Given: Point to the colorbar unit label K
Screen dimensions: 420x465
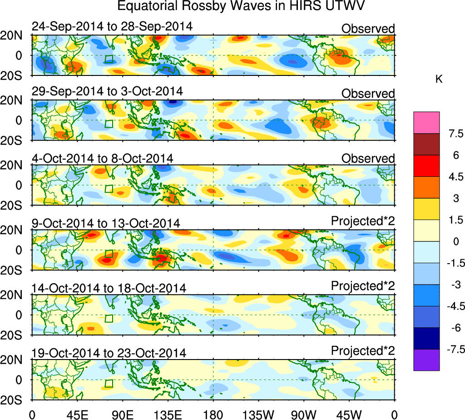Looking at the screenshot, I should tap(439, 79).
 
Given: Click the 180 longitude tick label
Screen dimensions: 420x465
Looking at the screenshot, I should tap(213, 414).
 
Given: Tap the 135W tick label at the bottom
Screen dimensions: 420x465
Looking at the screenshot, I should tap(258, 414).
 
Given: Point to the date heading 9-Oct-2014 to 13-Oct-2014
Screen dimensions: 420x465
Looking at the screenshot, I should tap(106, 223).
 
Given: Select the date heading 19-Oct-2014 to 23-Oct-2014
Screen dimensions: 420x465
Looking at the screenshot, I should tap(109, 353).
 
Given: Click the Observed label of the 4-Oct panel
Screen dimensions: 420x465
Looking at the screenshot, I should tap(368, 159).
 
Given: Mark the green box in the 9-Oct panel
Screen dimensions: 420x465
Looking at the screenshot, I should tap(109, 254).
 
